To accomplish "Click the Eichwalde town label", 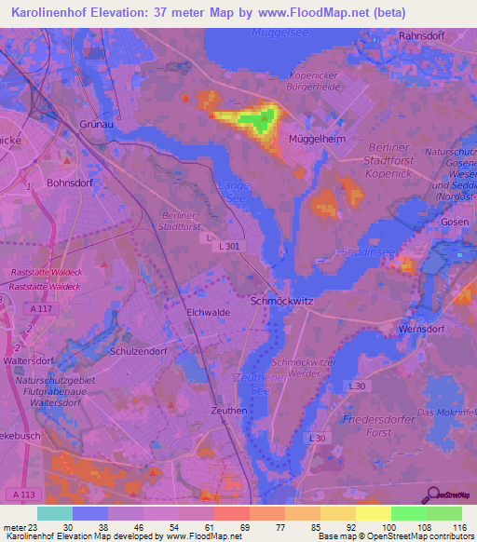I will pos(209,313).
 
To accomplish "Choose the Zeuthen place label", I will pos(228,410).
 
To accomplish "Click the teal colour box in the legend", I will pos(55,513).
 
